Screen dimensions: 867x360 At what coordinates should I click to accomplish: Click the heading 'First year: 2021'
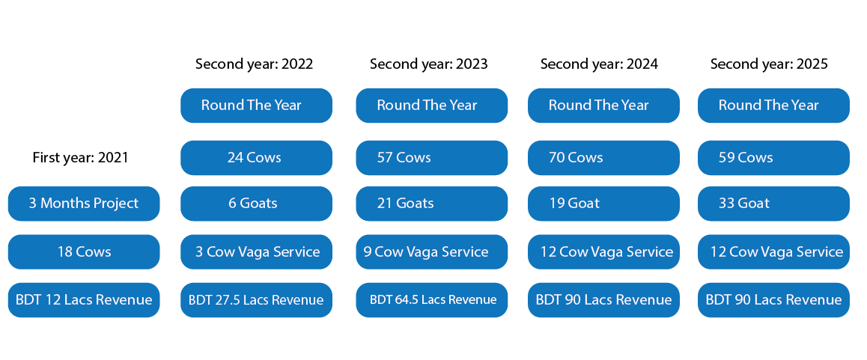[x=80, y=158]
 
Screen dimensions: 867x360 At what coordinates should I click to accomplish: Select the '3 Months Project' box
[x=84, y=204]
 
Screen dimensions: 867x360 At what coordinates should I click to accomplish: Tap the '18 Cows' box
[x=84, y=251]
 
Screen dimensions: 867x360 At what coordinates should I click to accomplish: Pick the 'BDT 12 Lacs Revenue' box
[x=84, y=299]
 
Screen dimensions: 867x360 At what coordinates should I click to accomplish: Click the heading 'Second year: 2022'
[x=255, y=64]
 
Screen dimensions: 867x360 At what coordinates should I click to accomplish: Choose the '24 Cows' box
[x=257, y=158]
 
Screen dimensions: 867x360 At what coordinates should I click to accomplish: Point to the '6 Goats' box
[x=257, y=204]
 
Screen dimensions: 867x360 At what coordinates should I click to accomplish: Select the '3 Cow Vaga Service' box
[x=257, y=251]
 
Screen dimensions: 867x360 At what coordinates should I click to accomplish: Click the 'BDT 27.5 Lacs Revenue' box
[x=257, y=299]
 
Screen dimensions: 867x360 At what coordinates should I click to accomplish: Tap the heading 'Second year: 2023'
[x=429, y=64]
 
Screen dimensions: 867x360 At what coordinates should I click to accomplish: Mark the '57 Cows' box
[x=432, y=158]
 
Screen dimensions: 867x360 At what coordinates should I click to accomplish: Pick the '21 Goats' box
[x=432, y=204]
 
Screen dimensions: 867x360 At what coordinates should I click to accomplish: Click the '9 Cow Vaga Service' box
[x=432, y=251]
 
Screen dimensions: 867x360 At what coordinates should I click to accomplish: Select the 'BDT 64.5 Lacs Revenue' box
[x=432, y=299]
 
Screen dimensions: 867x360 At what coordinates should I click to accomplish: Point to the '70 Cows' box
[x=603, y=158]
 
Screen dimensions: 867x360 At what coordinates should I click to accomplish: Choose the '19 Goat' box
[x=603, y=204]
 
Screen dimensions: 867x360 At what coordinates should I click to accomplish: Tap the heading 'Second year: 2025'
[x=769, y=64]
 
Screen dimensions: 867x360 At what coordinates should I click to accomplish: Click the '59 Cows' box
[x=773, y=158]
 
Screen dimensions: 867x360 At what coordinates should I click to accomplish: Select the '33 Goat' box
[x=773, y=204]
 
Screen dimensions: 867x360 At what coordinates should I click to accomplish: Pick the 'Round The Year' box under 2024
[x=603, y=106]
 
